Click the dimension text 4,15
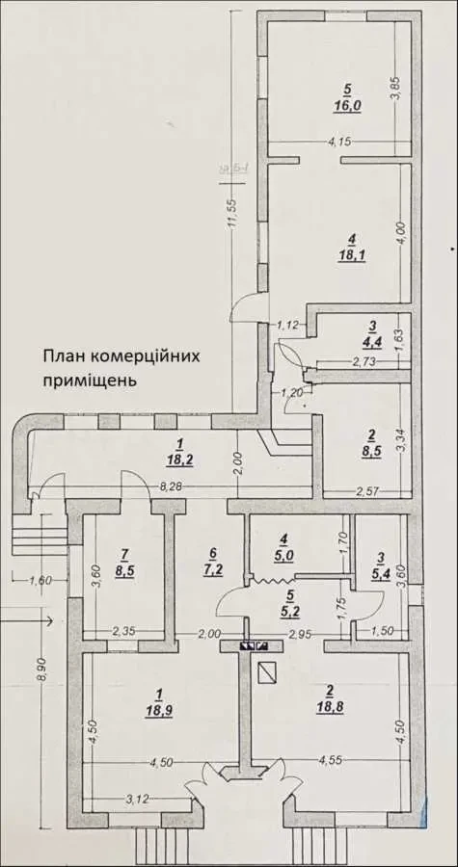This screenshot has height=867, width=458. click(338, 143)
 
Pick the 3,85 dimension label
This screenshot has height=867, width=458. click(393, 91)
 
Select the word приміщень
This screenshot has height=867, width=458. click(89, 380)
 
